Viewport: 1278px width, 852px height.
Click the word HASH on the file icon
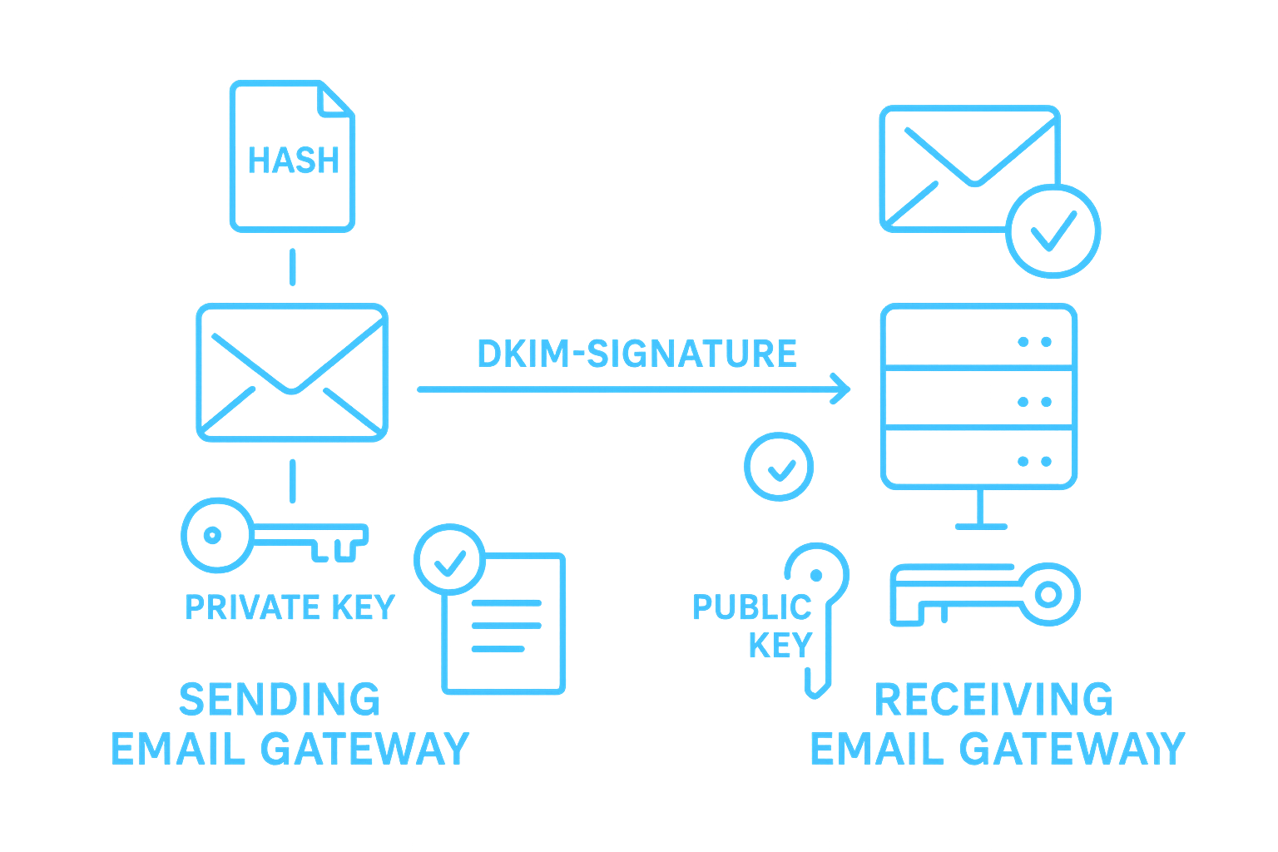click(x=294, y=161)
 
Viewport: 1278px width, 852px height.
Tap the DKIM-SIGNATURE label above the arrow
click(x=637, y=354)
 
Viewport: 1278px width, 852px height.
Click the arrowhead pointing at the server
click(x=841, y=389)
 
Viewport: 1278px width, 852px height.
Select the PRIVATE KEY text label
click(x=290, y=607)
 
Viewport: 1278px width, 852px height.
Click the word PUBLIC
click(x=751, y=607)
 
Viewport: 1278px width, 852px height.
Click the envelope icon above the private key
click(x=292, y=372)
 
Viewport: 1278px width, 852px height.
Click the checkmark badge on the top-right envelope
click(x=1053, y=230)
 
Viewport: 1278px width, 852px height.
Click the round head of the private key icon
click(x=211, y=535)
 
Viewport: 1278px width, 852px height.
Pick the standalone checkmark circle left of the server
click(x=779, y=466)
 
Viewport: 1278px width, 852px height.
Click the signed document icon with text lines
click(x=503, y=622)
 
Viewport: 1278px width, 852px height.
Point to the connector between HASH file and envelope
click(x=292, y=266)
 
